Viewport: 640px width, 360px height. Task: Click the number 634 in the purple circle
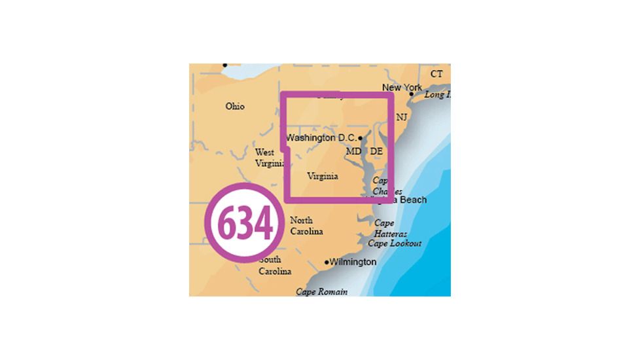[243, 224]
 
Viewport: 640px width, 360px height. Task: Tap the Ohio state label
[235, 106]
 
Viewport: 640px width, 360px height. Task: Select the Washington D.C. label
[321, 138]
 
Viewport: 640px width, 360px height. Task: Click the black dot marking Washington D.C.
[361, 138]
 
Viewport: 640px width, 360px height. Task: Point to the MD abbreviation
[353, 152]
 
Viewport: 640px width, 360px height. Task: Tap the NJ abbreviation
[402, 117]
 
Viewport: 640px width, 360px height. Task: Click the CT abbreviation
[436, 74]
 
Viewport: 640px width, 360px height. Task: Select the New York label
[402, 88]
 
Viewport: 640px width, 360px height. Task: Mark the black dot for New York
[412, 94]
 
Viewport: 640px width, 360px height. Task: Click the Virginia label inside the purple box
[323, 176]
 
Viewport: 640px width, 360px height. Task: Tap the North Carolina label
[306, 226]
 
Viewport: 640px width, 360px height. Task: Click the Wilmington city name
[353, 262]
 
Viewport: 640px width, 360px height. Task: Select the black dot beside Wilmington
[327, 262]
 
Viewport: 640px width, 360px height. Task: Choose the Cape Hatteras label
[391, 228]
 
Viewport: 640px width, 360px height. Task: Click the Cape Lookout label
[395, 243]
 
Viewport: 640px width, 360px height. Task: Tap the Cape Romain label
[322, 292]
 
